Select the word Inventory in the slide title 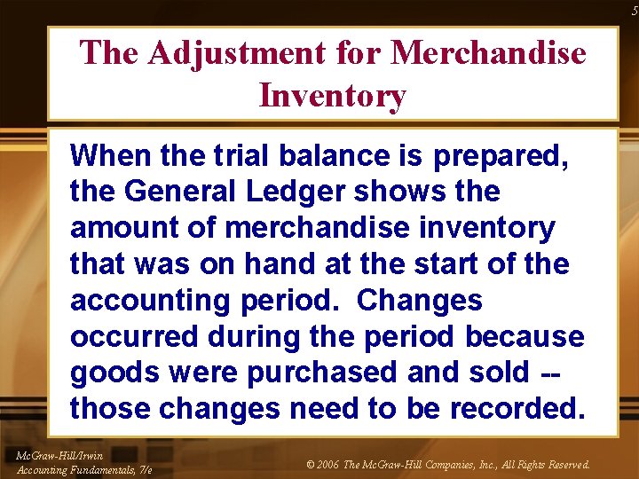(332, 95)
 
